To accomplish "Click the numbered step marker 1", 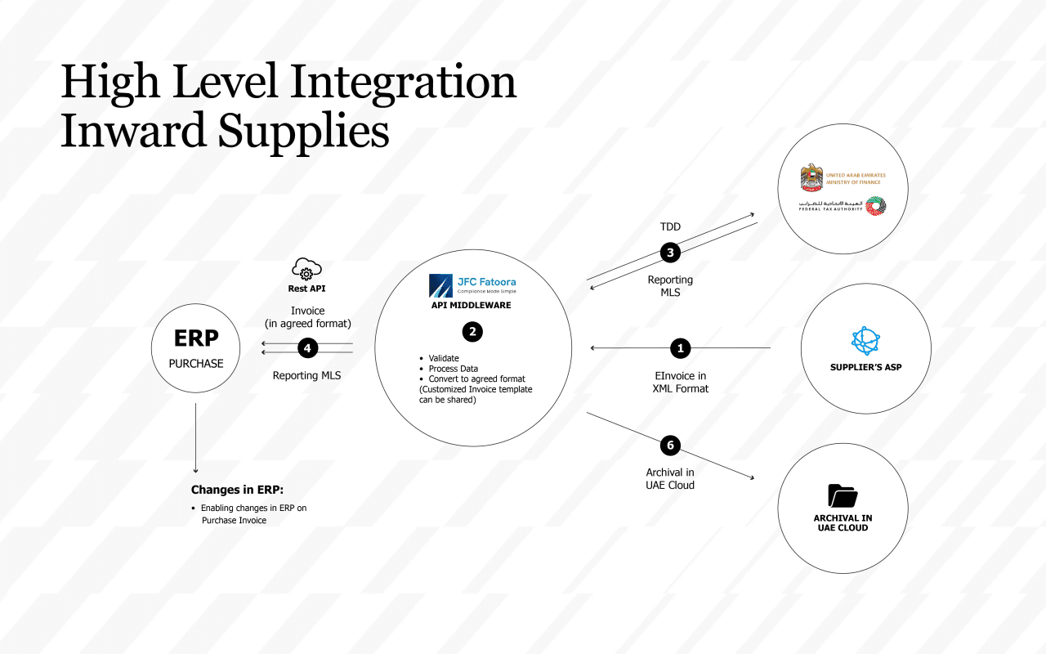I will point(680,348).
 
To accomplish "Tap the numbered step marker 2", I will point(472,331).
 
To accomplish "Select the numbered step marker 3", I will point(670,253).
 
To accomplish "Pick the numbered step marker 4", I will point(307,348).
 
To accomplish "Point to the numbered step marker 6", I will point(670,445).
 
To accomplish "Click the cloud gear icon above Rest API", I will point(306,270).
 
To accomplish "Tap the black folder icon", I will point(842,495).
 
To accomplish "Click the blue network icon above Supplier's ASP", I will point(865,340).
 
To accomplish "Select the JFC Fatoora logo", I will point(472,285).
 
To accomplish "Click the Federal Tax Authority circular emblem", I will point(875,207).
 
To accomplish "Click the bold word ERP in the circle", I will point(195,339).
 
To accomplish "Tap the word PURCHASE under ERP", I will point(196,363).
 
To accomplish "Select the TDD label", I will point(670,226).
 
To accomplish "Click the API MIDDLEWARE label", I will point(471,306).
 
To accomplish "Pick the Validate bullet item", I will point(444,358).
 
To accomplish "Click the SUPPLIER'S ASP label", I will point(865,367).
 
